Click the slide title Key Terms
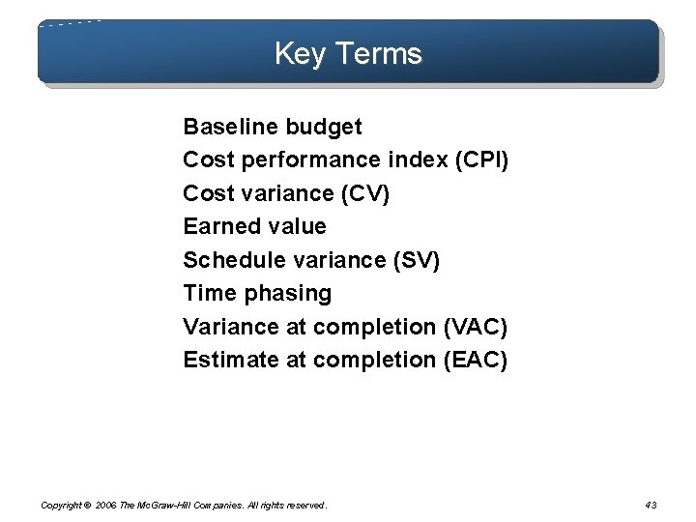point(348,53)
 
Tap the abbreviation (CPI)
point(480,160)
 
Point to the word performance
point(311,160)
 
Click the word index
point(416,160)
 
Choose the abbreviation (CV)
point(365,193)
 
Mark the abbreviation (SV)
point(414,260)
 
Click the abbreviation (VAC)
point(474,327)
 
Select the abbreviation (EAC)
point(474,360)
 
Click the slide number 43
point(650,505)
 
